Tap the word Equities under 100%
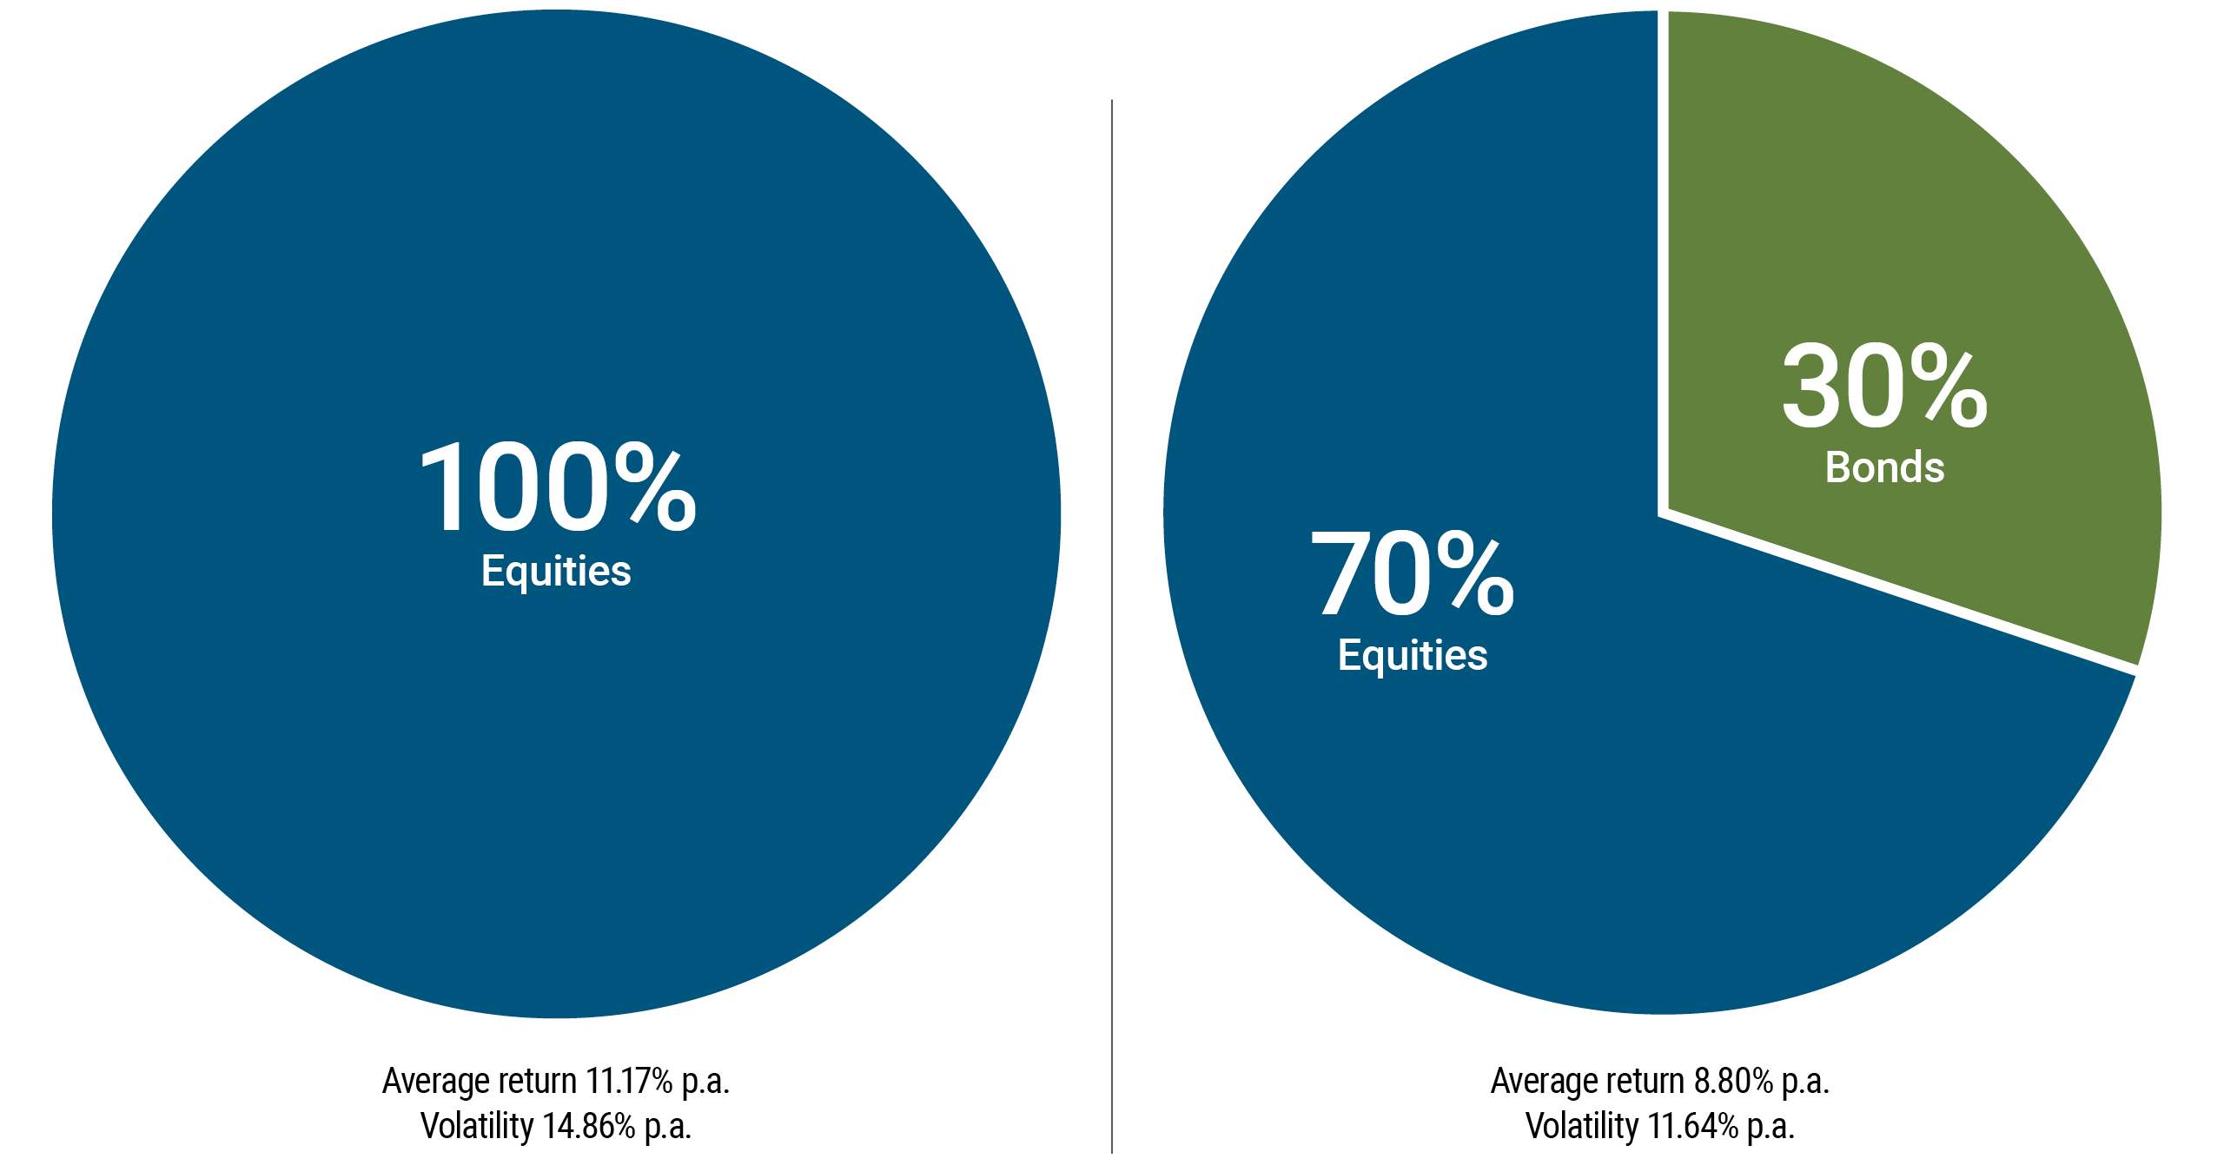(556, 571)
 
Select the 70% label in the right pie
(1413, 573)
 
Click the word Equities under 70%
(1413, 655)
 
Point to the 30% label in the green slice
(1883, 387)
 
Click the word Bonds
(1884, 467)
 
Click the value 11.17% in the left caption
(629, 1081)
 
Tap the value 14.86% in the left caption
(589, 1126)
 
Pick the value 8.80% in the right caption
(1733, 1081)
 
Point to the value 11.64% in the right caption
(1693, 1126)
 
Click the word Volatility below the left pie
(477, 1126)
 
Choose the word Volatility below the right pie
(1582, 1126)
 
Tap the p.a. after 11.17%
(705, 1081)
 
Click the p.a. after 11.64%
(1771, 1126)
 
